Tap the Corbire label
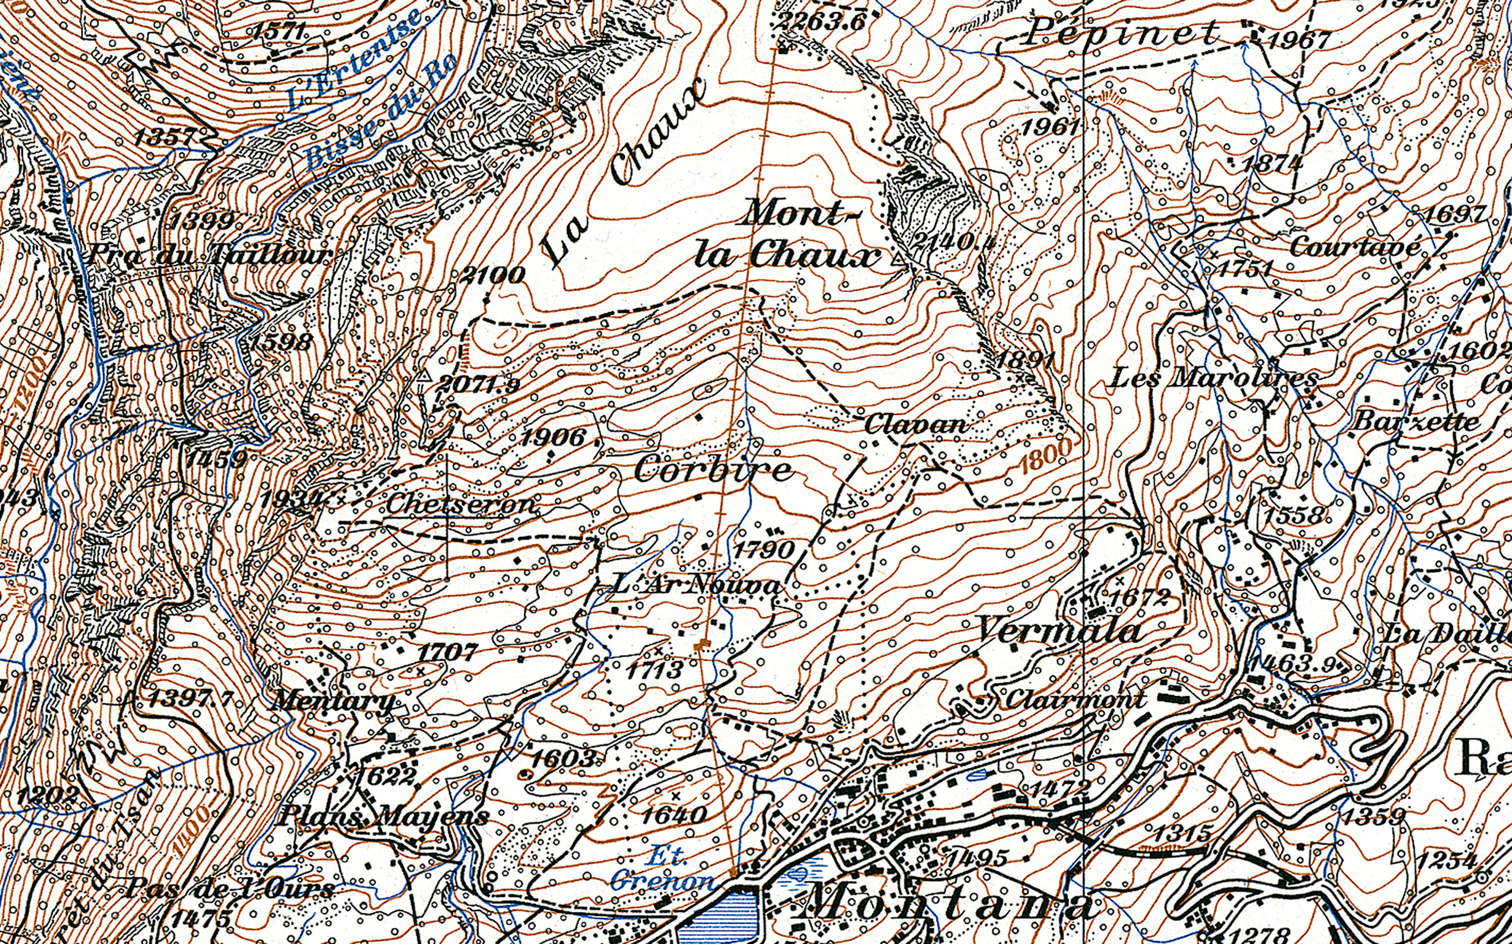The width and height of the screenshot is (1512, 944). (713, 470)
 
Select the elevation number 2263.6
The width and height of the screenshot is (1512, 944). (821, 21)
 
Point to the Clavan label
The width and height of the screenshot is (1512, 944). (916, 424)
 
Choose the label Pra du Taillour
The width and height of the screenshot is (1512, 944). (210, 255)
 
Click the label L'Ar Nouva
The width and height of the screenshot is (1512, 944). (696, 584)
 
